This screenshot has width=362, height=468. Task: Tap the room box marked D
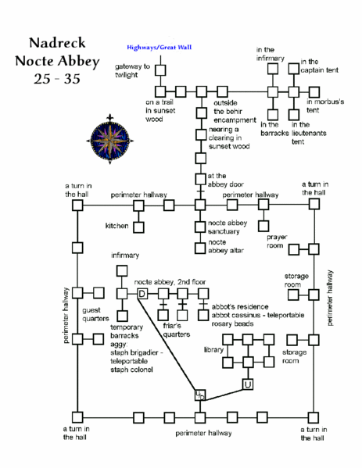142,293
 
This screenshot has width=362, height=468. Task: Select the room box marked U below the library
248,384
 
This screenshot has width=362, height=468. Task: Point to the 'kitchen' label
117,226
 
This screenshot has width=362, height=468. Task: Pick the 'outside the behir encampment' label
235,111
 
